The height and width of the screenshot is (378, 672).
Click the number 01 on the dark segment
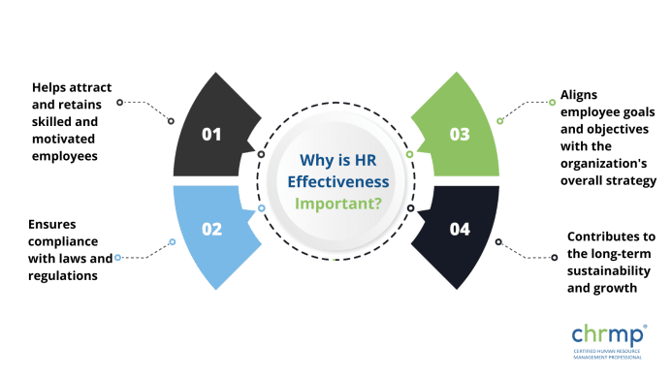[212, 135]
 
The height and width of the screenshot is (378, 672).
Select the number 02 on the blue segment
[212, 230]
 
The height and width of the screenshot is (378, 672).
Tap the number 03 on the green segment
[460, 135]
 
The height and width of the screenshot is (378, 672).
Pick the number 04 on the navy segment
[460, 230]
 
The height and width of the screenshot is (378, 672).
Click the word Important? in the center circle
[338, 204]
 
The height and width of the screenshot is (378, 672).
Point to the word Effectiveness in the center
[336, 181]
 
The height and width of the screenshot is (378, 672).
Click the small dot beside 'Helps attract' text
[119, 102]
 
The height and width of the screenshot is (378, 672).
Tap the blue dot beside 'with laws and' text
[117, 258]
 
